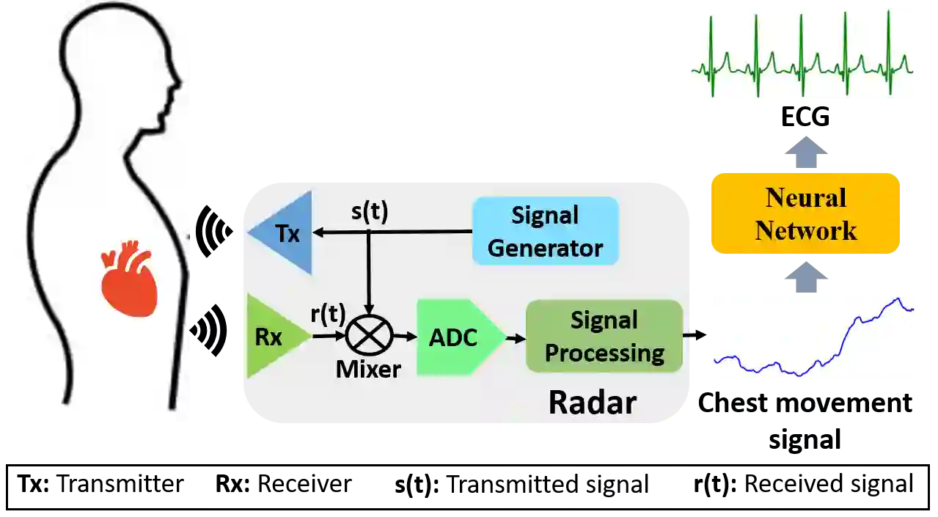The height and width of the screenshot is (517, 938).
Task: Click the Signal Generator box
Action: pyautogui.click(x=545, y=231)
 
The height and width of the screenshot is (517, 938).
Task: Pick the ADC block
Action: pyautogui.click(x=455, y=337)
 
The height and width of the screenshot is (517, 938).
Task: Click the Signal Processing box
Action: pyautogui.click(x=604, y=337)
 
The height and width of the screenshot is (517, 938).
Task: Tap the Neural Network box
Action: pyautogui.click(x=805, y=213)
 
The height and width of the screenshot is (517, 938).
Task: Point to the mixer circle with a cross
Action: pyautogui.click(x=368, y=337)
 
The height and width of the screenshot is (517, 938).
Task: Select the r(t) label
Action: pyautogui.click(x=328, y=314)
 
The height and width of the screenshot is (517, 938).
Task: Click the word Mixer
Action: pyautogui.click(x=368, y=369)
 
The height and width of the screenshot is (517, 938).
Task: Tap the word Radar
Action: pyautogui.click(x=592, y=402)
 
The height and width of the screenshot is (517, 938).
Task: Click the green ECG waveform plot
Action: pyautogui.click(x=800, y=53)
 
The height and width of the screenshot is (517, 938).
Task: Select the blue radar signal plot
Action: pyautogui.click(x=812, y=337)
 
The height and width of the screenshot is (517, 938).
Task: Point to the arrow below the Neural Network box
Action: pyautogui.click(x=806, y=274)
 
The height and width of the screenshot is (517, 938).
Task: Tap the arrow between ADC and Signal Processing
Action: pyautogui.click(x=516, y=337)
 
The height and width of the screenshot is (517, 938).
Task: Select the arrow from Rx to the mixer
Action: pyautogui.click(x=328, y=337)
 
